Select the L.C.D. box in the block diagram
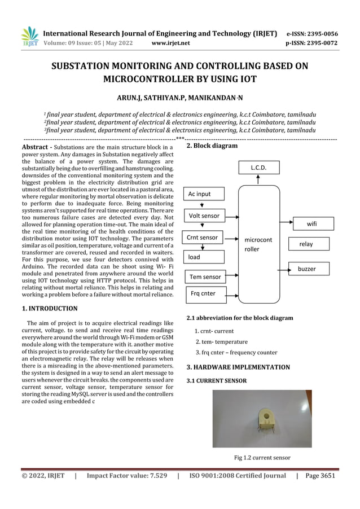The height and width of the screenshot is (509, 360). coord(258,168)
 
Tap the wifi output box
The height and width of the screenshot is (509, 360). coord(311,224)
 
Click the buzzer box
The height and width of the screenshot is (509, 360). coord(311,269)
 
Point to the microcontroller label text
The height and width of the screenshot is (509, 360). coord(258,244)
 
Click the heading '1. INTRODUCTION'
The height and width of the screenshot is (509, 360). coord(50,309)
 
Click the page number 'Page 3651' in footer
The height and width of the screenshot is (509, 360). coord(320,476)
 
